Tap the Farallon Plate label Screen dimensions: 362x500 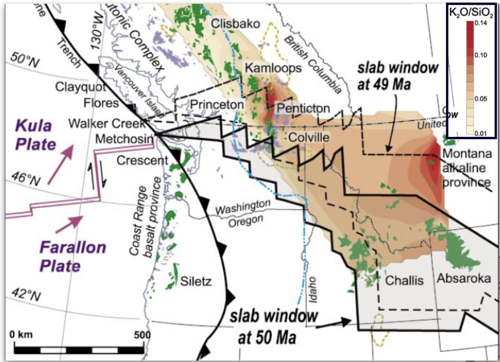point(64,256)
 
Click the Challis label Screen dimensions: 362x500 point(404,280)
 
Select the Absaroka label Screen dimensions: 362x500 point(464,279)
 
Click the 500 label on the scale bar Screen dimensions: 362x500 point(141,335)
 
